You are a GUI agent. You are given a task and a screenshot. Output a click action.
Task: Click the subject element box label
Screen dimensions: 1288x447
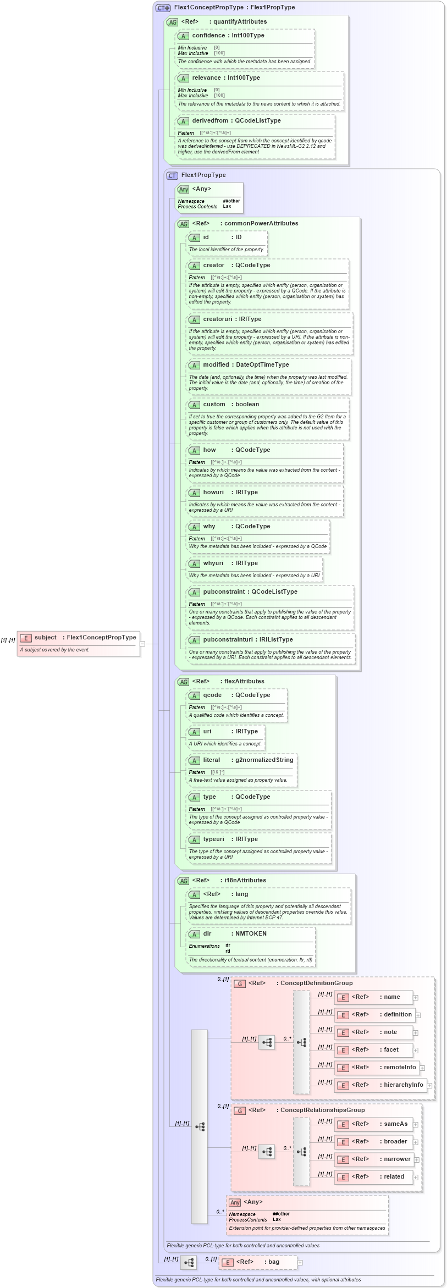click(46, 638)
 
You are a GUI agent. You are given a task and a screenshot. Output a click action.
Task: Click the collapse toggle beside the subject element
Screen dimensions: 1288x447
click(142, 643)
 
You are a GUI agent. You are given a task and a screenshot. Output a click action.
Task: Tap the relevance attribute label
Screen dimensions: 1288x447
click(206, 78)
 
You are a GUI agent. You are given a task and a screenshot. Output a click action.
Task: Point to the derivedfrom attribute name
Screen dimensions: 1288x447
click(209, 121)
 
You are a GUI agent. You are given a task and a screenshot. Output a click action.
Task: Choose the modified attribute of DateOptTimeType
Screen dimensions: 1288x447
click(215, 365)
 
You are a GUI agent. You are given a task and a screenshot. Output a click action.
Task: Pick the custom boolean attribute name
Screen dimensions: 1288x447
click(214, 405)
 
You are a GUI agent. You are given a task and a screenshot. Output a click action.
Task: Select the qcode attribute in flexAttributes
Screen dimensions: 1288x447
click(212, 695)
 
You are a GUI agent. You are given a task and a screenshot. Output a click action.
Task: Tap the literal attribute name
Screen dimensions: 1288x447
click(212, 760)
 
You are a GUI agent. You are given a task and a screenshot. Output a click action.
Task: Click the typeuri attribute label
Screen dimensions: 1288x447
click(213, 839)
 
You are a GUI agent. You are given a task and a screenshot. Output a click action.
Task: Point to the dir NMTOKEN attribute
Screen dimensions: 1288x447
click(207, 934)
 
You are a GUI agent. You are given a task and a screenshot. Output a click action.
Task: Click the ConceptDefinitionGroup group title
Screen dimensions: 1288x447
click(316, 983)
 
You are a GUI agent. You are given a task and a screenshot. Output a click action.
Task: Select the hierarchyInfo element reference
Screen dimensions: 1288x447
click(404, 1085)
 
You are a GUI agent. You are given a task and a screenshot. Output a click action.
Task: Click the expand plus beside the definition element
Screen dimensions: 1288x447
click(418, 1015)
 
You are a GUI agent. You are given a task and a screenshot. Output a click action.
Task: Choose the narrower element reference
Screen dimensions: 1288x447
click(397, 1159)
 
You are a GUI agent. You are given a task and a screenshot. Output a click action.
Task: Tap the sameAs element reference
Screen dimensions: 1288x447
click(395, 1124)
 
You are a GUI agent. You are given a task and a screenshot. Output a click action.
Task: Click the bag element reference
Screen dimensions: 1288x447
click(273, 1262)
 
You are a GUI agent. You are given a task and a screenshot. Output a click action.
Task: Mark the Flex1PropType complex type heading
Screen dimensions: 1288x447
click(203, 175)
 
